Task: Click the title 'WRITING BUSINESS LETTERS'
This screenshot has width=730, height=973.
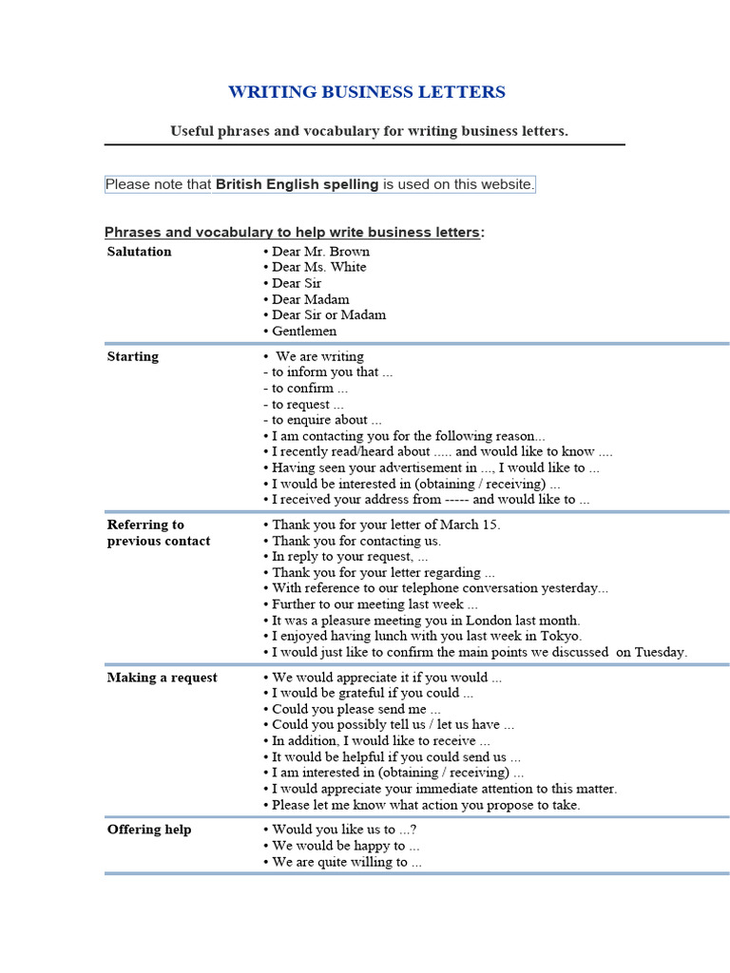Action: coord(366,92)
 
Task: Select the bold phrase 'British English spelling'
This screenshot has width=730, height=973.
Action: coord(297,184)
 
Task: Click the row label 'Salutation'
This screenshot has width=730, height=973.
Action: coord(140,252)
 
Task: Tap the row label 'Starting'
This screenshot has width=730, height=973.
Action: coord(133,357)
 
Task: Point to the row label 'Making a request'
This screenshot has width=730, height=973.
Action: coord(162,677)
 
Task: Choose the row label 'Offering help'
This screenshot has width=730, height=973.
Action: coord(149,830)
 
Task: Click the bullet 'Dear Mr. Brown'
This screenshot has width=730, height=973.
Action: coord(320,252)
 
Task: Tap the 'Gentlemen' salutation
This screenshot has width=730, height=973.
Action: coord(304,331)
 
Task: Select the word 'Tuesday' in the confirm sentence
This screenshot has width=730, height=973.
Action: coord(660,652)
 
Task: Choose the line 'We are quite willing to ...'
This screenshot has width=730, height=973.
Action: coord(346,862)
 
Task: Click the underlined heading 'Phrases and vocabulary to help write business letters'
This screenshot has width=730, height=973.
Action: coord(292,233)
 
